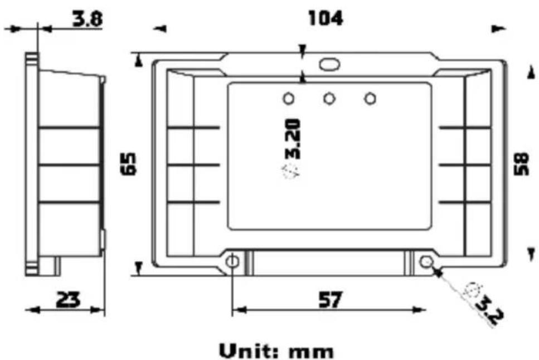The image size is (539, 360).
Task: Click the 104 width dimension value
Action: click(326, 18)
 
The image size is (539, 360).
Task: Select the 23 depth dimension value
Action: click(69, 299)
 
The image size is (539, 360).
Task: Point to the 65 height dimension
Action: click(129, 164)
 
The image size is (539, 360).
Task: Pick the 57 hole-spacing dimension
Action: click(331, 299)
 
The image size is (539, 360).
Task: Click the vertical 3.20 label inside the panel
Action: click(293, 139)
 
